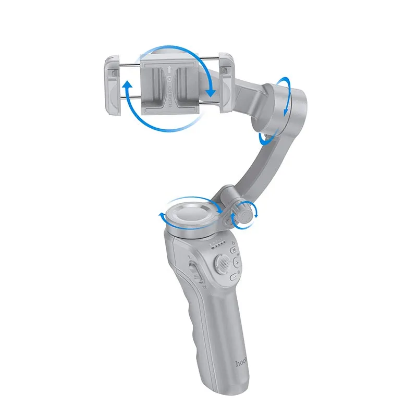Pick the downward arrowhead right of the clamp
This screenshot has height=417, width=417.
point(211,92)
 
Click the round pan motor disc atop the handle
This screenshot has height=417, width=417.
point(190,213)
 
